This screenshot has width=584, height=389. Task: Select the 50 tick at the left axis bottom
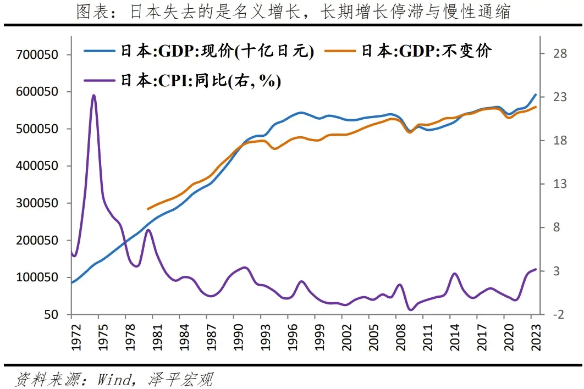click(x=52, y=315)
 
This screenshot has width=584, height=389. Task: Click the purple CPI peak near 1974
click(x=94, y=95)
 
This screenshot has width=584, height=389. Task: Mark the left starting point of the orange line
click(x=148, y=209)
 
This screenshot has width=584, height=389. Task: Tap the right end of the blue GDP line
click(x=536, y=95)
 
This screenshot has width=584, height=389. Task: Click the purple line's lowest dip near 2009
click(x=410, y=310)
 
